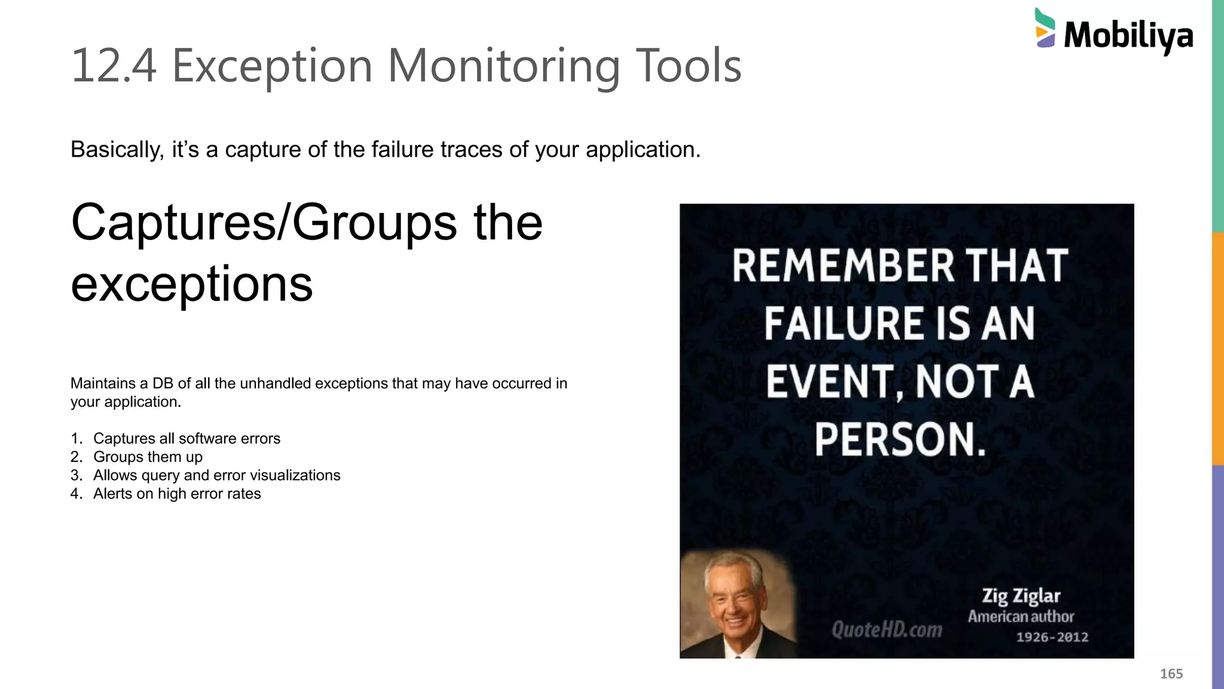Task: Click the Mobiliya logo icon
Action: [x=1045, y=29]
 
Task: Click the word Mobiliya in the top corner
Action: [x=1128, y=36]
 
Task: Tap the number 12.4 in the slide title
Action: [x=114, y=66]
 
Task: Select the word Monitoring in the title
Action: [x=504, y=66]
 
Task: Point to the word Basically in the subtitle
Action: [x=117, y=150]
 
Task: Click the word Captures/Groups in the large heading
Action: [x=264, y=222]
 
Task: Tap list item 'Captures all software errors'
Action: [x=186, y=438]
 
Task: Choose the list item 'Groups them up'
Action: [x=148, y=457]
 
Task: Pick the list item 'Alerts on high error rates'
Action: [x=177, y=494]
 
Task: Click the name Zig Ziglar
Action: [x=1021, y=596]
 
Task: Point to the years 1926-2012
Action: [x=1052, y=638]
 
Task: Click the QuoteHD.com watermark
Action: [x=886, y=629]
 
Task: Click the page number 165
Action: [x=1171, y=674]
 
